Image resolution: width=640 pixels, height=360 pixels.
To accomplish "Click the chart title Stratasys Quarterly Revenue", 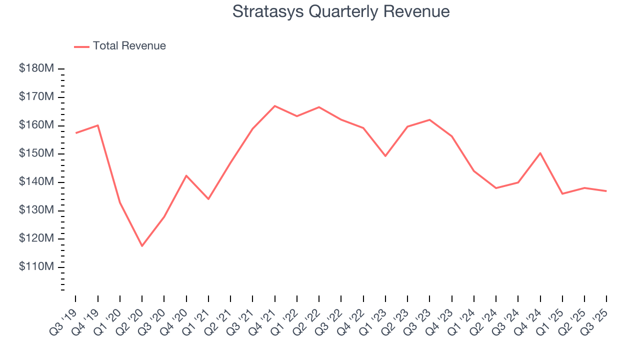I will [x=341, y=11].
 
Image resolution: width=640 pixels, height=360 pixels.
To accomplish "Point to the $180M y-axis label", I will [x=36, y=68].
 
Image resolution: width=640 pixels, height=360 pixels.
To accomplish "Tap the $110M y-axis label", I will [x=36, y=267].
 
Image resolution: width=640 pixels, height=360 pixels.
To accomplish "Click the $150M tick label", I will [x=36, y=153].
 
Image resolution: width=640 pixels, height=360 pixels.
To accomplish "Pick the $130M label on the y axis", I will [x=36, y=210].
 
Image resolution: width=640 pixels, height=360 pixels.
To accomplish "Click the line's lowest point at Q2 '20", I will [x=142, y=246].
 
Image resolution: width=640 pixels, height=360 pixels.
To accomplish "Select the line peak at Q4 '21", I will [x=274, y=106].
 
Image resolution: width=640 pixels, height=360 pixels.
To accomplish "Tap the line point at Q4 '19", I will [x=98, y=125].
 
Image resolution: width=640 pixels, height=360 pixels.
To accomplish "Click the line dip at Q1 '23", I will [x=385, y=156].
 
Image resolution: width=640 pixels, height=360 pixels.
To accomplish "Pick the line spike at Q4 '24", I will [x=540, y=153].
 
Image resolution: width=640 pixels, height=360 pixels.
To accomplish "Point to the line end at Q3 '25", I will [x=606, y=191].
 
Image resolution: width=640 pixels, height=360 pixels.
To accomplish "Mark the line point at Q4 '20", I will [x=186, y=175].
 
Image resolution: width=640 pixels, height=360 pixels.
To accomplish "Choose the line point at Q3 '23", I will [x=429, y=119].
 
